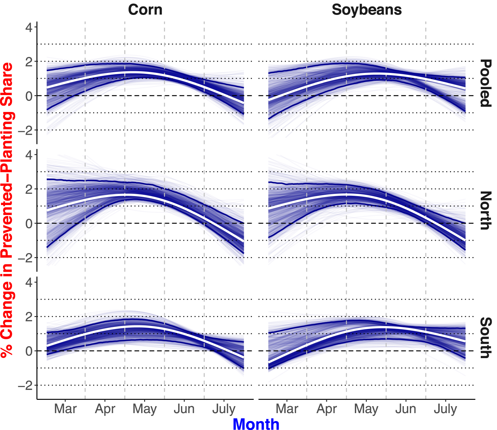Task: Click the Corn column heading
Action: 145,10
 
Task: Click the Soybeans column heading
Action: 367,10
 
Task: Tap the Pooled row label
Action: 486,83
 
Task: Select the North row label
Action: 486,211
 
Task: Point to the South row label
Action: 486,338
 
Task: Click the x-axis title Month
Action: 256,424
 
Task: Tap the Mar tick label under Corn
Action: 66,409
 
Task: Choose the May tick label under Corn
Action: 144,409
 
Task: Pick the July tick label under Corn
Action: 224,409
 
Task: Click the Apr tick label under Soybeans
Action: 327,409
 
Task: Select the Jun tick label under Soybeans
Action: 406,409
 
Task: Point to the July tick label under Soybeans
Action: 445,409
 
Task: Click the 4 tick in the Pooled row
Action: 29,27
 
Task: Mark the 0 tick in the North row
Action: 29,224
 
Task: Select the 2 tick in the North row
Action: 29,189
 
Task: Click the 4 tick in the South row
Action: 29,283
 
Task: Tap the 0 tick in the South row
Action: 29,351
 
